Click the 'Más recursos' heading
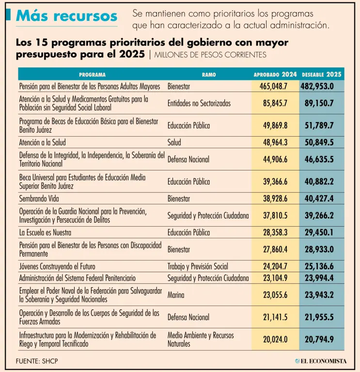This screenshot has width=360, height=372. (66, 16)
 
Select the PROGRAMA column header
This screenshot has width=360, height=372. (92, 75)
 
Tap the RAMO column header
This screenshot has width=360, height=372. (209, 75)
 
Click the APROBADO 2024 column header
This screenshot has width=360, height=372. (275, 75)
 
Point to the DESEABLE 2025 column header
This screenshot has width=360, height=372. (322, 75)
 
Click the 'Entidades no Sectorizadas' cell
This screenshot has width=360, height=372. (199, 103)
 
